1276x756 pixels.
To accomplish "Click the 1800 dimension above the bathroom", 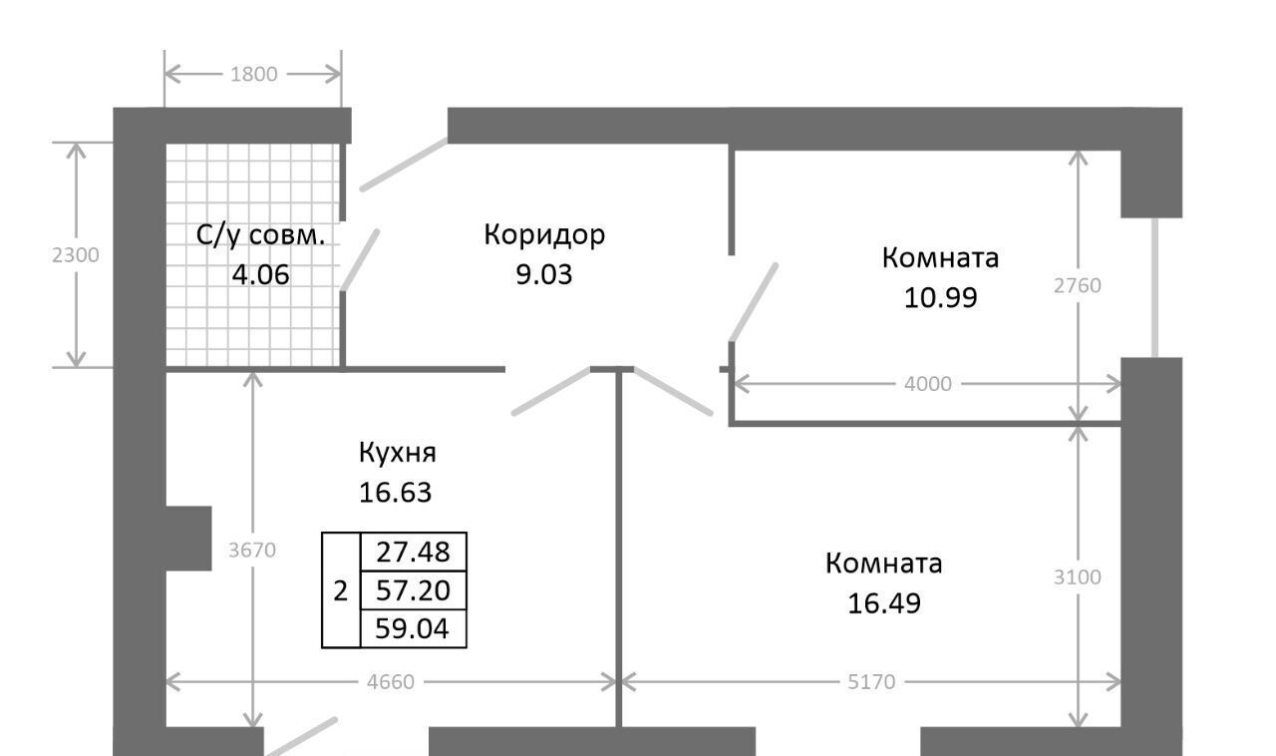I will [x=253, y=74].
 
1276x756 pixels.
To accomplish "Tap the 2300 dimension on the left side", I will [x=76, y=254].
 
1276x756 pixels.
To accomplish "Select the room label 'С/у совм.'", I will [x=261, y=236].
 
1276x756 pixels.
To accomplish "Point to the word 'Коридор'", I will [x=544, y=235].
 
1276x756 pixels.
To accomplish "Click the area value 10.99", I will [x=940, y=297].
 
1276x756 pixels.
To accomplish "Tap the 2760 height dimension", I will [x=1078, y=285].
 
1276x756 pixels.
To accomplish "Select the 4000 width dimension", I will [x=928, y=383].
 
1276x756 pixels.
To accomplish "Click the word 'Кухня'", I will [x=398, y=453].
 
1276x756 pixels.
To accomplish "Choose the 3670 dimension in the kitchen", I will [x=253, y=550].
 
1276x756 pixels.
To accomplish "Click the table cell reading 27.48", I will [x=413, y=551].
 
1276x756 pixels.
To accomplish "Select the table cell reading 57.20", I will [x=413, y=590].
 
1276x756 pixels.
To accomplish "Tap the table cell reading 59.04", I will [x=413, y=628].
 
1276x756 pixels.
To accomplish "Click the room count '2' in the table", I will [x=340, y=590].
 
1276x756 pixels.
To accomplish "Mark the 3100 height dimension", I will [x=1078, y=576].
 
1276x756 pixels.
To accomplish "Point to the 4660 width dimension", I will [x=391, y=682].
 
